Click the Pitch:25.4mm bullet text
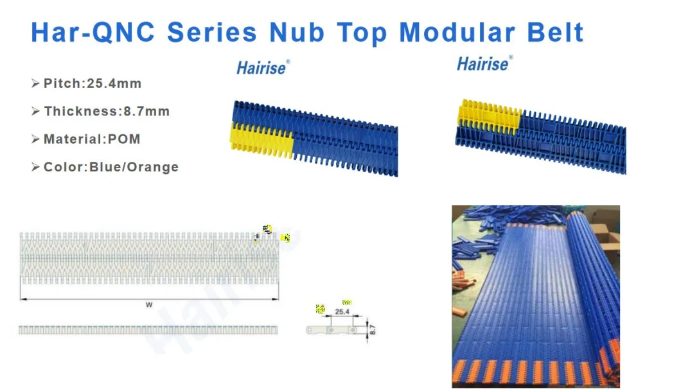92,83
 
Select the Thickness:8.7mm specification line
107,111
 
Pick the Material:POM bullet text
91,139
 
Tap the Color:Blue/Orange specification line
111,167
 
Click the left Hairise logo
263,67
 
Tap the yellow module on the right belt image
488,114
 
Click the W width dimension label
149,305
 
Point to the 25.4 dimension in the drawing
342,311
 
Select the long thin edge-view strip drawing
149,330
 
